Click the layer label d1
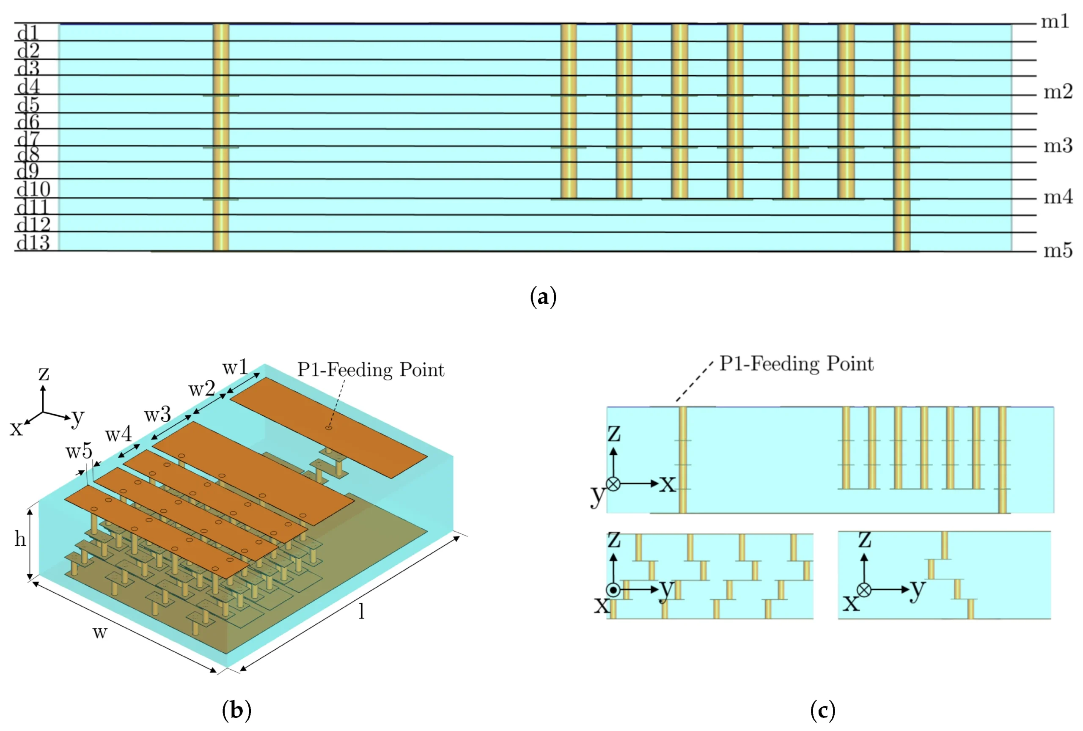click(x=28, y=33)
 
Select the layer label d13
click(x=33, y=243)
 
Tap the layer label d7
click(x=28, y=139)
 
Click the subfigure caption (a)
click(x=543, y=297)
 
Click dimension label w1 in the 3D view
click(x=235, y=368)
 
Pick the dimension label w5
click(x=79, y=451)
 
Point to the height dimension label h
click(x=20, y=539)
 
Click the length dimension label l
click(x=361, y=611)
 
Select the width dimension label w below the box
click(x=100, y=633)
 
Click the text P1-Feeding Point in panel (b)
click(x=371, y=370)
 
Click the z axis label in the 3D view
click(x=44, y=373)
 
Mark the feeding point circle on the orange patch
click(x=329, y=428)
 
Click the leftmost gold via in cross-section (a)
click(x=221, y=137)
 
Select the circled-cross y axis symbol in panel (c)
click(x=614, y=484)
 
